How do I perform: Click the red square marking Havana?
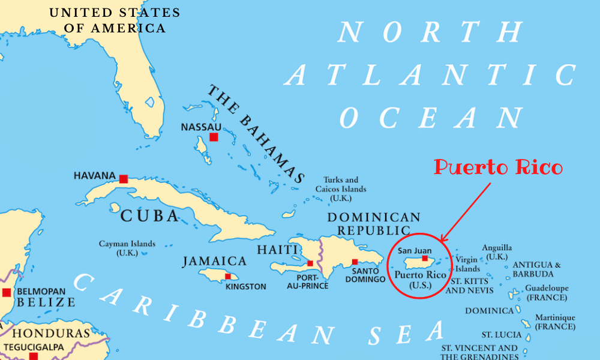tap(124, 179)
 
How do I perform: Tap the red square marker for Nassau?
tap(214, 137)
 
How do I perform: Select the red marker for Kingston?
tap(227, 277)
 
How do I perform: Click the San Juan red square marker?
tap(425, 259)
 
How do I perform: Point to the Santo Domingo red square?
tap(355, 262)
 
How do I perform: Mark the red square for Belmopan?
tap(7, 293)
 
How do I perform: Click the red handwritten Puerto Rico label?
tap(498, 167)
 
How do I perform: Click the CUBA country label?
tap(149, 216)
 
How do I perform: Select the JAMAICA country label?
tap(214, 261)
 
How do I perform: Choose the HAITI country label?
tap(277, 249)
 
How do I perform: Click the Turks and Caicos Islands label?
tap(341, 189)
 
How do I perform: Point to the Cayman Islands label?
tap(127, 248)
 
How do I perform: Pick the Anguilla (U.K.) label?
tap(497, 252)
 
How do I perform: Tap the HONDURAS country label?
tap(51, 334)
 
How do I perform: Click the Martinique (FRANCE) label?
tap(554, 322)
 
